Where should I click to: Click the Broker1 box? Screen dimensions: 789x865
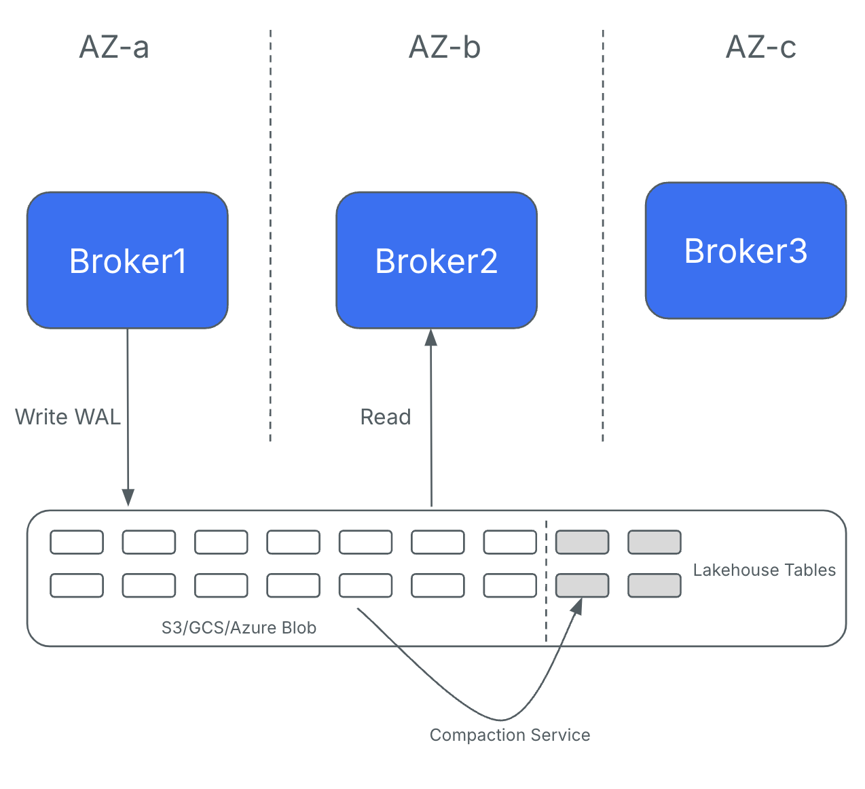[128, 261]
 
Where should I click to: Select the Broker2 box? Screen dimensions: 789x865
[437, 261]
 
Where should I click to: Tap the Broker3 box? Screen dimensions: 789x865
[746, 251]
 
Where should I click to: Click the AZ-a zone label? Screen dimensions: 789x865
[114, 48]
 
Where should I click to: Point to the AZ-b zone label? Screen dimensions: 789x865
[445, 48]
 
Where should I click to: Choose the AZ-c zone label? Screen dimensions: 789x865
[760, 48]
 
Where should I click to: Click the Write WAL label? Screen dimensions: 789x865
[68, 417]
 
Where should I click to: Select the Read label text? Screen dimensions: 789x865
[386, 417]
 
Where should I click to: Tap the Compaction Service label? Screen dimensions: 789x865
[510, 735]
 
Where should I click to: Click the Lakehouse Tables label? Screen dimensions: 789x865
[764, 570]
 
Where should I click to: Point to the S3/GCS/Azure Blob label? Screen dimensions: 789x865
[239, 628]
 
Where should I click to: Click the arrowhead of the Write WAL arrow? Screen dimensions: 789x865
[128, 498]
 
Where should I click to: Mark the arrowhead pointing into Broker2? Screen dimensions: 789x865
[431, 337]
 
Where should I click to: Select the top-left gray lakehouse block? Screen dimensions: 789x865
[582, 543]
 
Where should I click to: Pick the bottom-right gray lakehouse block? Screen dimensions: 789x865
[654, 585]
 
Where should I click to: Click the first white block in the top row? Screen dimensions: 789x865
[77, 543]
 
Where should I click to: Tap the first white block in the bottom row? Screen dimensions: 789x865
[77, 585]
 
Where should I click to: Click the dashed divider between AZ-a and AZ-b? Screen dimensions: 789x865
[270, 238]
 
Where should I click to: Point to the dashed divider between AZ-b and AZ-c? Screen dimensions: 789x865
[603, 238]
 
